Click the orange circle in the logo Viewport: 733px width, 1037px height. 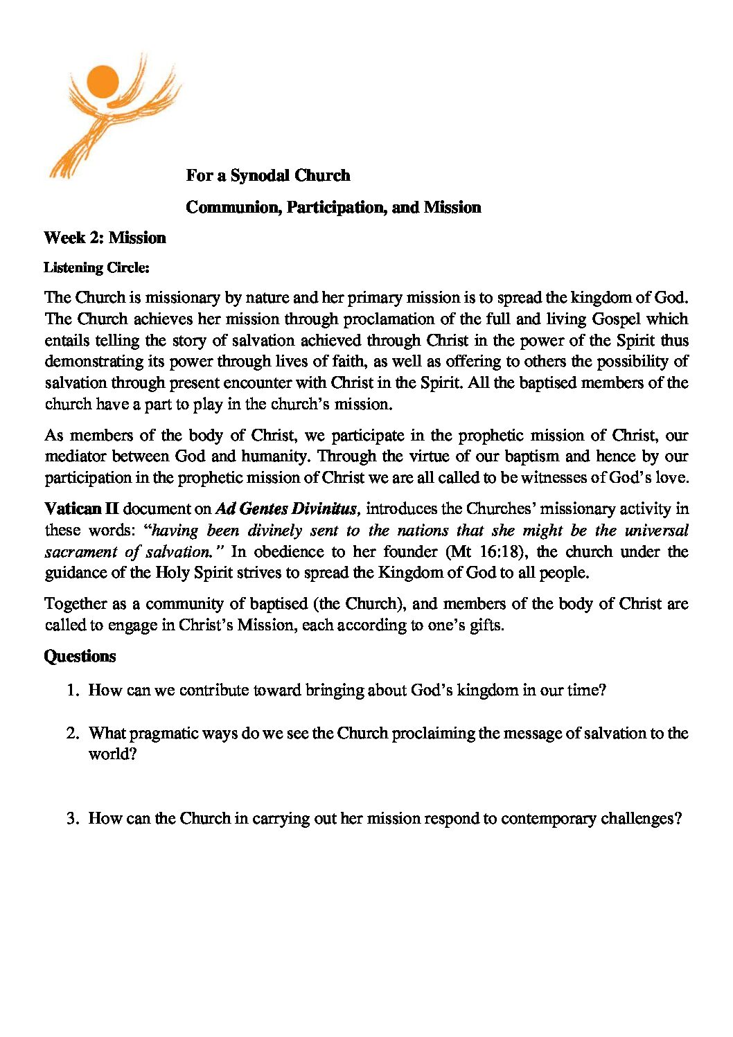pyautogui.click(x=103, y=82)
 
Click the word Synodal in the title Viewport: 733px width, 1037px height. pyautogui.click(x=259, y=176)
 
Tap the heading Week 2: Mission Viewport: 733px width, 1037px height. pyautogui.click(x=105, y=238)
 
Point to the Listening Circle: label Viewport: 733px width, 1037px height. pyautogui.click(x=96, y=267)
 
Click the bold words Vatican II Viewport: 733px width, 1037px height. pyautogui.click(x=82, y=508)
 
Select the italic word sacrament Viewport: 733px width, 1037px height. pyautogui.click(x=81, y=552)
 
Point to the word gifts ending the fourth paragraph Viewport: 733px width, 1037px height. pyautogui.click(x=485, y=625)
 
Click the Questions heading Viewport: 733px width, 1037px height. pyautogui.click(x=80, y=656)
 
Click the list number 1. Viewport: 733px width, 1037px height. pyautogui.click(x=72, y=690)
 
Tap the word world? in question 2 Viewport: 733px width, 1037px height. pyautogui.click(x=112, y=754)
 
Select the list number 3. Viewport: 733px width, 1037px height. pyautogui.click(x=72, y=818)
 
